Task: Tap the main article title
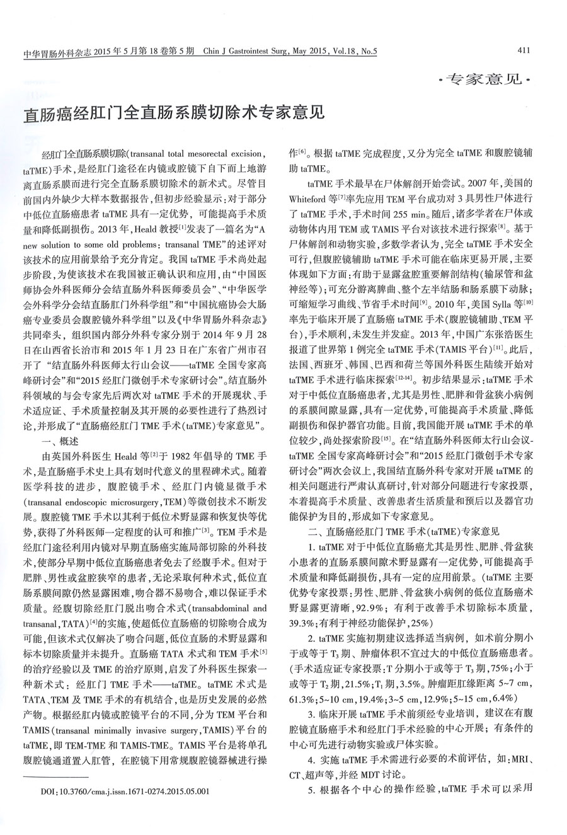[174, 114]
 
